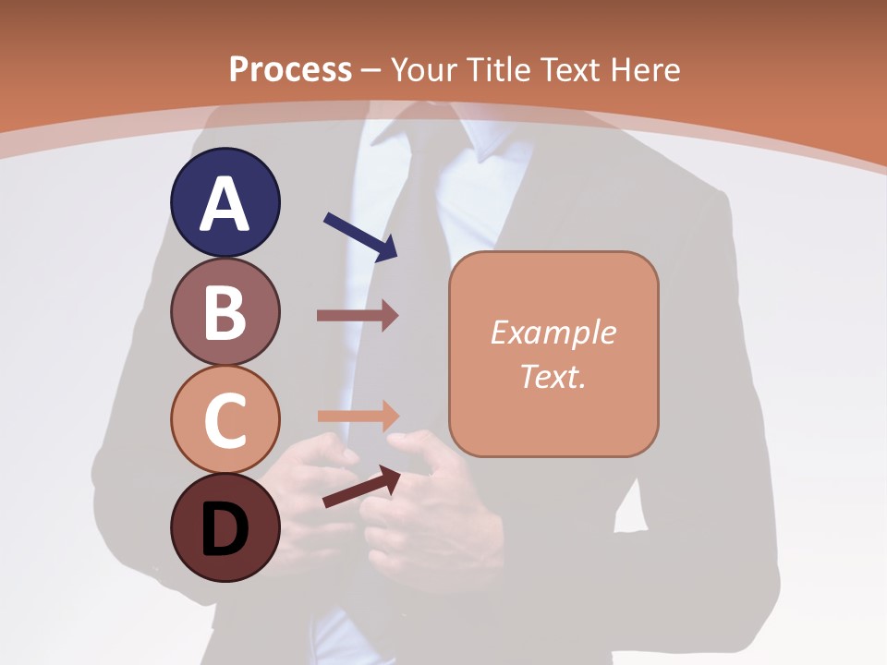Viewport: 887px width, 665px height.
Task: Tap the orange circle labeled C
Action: (x=225, y=419)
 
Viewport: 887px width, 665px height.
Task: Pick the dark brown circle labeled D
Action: (x=225, y=527)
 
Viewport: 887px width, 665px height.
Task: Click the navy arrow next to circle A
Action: (x=360, y=236)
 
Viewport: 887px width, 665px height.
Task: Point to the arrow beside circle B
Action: (x=358, y=316)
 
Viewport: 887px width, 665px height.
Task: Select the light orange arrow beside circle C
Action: (x=358, y=416)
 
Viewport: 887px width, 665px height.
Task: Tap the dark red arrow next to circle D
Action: (x=361, y=488)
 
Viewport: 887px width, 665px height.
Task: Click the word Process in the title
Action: (x=290, y=69)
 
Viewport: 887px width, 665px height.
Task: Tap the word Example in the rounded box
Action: (x=553, y=332)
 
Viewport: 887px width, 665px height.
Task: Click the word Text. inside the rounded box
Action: (x=553, y=376)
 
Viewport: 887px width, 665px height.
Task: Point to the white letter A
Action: (x=225, y=204)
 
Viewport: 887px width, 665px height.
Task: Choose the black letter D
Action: (x=225, y=531)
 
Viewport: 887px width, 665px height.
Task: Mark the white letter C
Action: (x=225, y=421)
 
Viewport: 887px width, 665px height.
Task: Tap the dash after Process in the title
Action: (x=371, y=70)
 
